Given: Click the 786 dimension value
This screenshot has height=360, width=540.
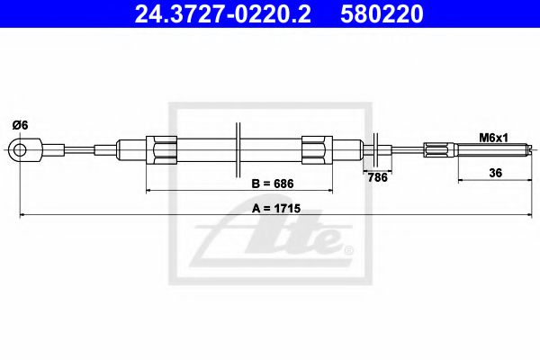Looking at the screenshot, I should pyautogui.click(x=377, y=177).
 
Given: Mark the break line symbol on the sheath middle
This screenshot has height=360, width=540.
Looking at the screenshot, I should pyautogui.click(x=237, y=148).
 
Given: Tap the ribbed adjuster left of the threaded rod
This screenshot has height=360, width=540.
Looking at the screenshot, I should pyautogui.click(x=442, y=148).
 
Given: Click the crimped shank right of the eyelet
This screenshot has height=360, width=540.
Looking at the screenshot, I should pyautogui.click(x=50, y=148).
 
